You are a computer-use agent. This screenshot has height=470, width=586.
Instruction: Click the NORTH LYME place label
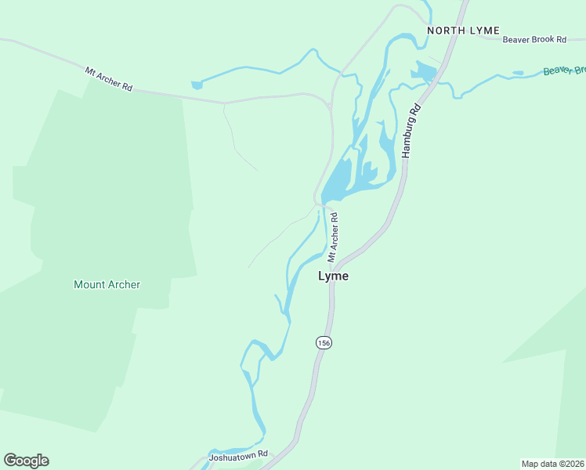click(x=462, y=31)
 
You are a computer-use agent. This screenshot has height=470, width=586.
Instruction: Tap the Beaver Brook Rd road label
click(x=534, y=38)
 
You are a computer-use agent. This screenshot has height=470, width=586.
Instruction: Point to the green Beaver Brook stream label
click(x=564, y=70)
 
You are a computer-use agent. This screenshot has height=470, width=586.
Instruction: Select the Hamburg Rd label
click(x=411, y=132)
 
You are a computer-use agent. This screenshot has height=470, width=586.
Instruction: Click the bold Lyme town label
click(x=333, y=277)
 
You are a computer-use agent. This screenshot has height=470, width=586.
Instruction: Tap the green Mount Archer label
click(x=107, y=284)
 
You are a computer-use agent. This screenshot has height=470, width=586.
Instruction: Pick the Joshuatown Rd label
click(x=238, y=454)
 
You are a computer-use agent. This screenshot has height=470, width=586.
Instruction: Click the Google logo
click(x=26, y=461)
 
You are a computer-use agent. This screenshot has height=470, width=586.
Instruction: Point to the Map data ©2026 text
click(x=552, y=464)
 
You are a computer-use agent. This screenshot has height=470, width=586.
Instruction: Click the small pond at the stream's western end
click(x=196, y=84)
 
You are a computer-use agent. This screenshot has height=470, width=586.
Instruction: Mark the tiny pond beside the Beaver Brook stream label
click(x=517, y=73)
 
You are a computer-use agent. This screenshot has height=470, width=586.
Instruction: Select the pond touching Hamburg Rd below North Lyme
click(x=424, y=74)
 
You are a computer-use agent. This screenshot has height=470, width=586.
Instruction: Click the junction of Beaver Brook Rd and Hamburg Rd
click(x=458, y=35)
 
